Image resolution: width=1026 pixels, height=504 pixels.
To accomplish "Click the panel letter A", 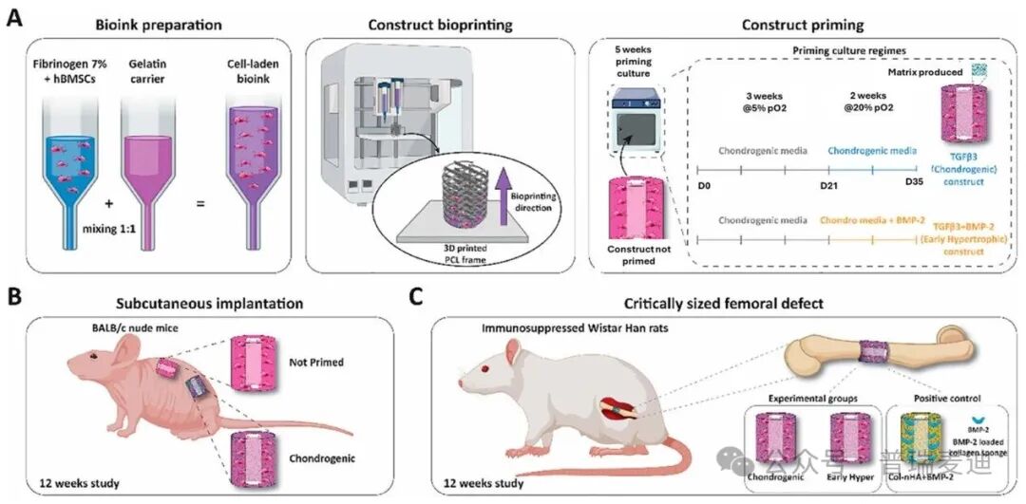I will tap(14, 18).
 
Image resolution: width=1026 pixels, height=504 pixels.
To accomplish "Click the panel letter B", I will tap(14, 301).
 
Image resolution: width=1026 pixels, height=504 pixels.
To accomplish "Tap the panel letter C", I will tap(416, 301).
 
